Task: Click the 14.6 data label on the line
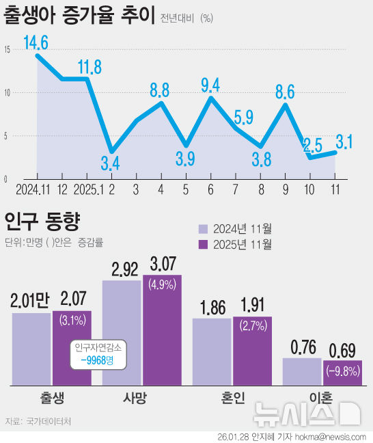pos(36,44)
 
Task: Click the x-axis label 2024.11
pos(31,189)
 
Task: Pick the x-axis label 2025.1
pos(87,189)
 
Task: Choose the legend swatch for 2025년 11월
pos(203,244)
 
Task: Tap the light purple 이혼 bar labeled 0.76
pos(301,371)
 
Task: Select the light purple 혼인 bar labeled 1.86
pos(211,350)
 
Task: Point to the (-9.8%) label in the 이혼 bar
pos(342,372)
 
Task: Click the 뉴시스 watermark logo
pos(306,413)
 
